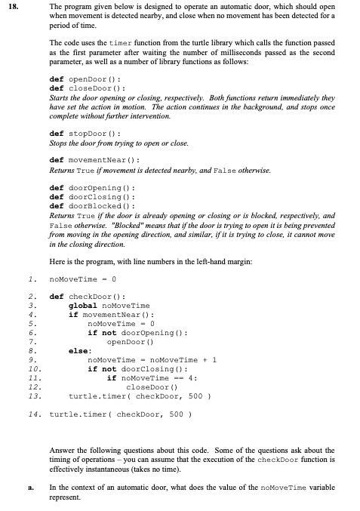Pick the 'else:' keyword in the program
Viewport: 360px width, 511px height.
[79, 350]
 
